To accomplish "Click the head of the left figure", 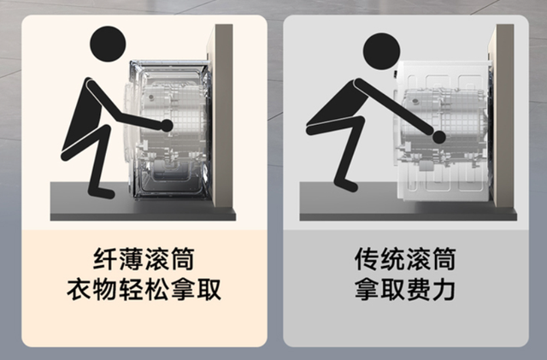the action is [108, 44].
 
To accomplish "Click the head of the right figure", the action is [381, 51].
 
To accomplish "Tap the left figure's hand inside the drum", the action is [167, 126].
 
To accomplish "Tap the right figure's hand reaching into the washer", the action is [438, 137].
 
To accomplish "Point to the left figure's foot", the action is [101, 192].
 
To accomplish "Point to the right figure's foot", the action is [346, 184].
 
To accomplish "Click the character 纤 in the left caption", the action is [105, 259].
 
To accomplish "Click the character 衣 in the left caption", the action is [79, 290].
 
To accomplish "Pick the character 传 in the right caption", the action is [367, 259].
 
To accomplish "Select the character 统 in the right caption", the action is [392, 259].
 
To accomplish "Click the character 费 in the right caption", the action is [418, 290].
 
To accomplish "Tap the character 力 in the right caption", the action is [444, 290].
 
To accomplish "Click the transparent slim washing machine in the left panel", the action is [168, 130].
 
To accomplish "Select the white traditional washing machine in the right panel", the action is [444, 131].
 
